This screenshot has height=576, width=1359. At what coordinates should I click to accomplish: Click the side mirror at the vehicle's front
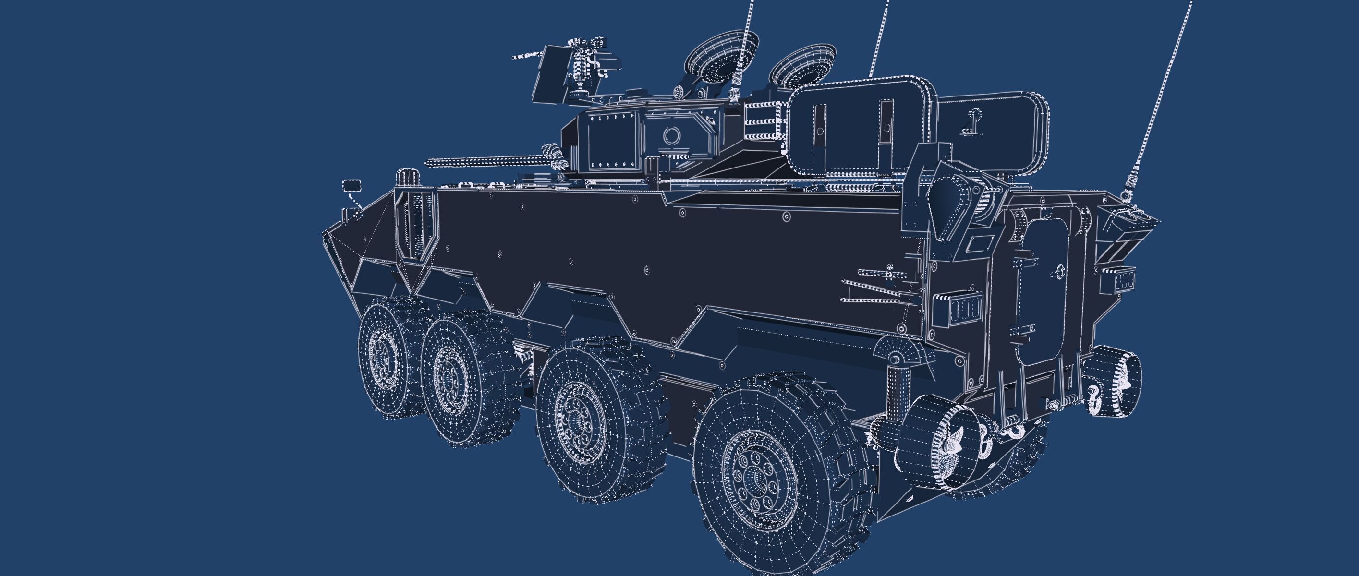coord(352,185)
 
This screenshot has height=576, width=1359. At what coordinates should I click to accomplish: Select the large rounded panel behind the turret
coord(860,127)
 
